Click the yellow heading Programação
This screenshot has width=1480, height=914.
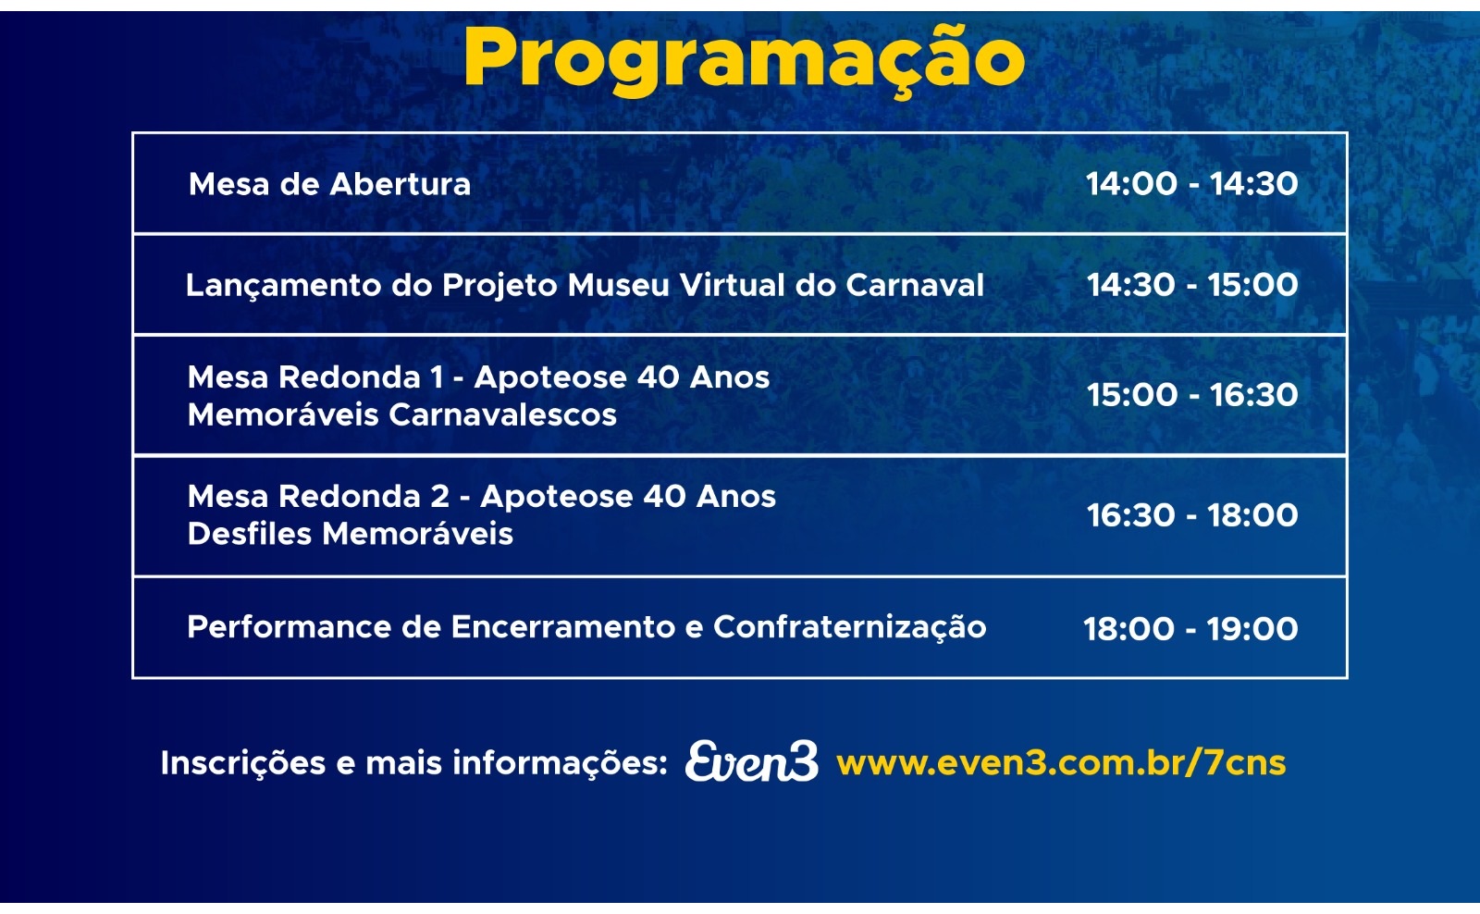(x=745, y=59)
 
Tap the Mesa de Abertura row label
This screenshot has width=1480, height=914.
(x=329, y=184)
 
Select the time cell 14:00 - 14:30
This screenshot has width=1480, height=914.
(x=1192, y=184)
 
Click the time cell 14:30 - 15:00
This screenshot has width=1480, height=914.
(x=1192, y=285)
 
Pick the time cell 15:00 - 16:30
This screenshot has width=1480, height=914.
(x=1192, y=395)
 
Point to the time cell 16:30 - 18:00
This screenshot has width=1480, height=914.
(x=1192, y=515)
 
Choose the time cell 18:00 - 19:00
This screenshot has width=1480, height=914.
(x=1190, y=629)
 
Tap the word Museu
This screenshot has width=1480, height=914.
(x=619, y=285)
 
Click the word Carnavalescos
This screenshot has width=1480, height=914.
(x=502, y=415)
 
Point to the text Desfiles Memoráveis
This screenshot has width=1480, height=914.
(x=351, y=534)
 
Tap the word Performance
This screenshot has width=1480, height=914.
(x=290, y=627)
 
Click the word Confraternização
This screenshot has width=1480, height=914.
(x=850, y=628)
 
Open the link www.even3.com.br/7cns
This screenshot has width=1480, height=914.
(x=1061, y=762)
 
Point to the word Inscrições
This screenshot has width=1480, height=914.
(x=243, y=764)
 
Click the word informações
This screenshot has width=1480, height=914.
(x=560, y=764)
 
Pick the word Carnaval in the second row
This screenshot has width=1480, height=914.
(x=915, y=285)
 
